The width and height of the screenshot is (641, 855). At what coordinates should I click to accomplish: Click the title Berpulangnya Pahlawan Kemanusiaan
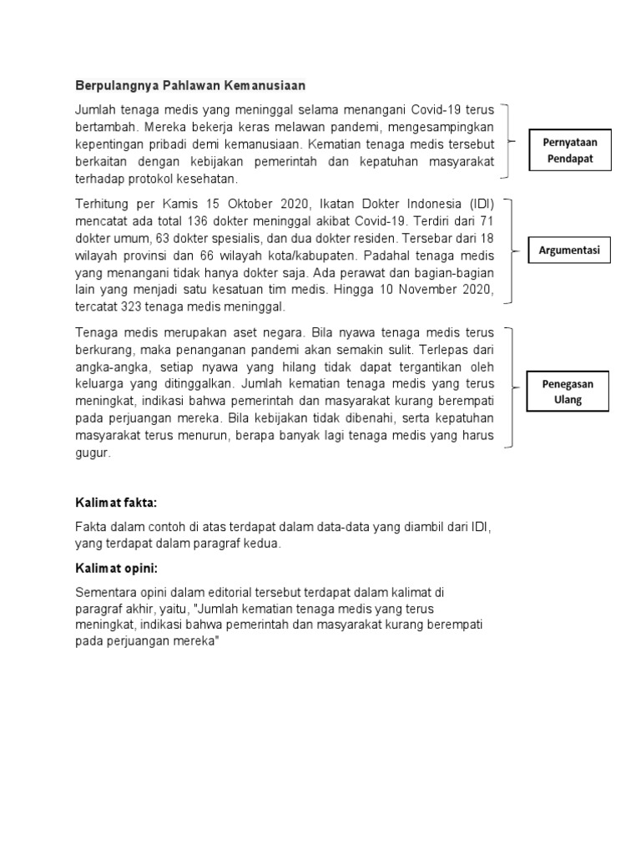[190, 85]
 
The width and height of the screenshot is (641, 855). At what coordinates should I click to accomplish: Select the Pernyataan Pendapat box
[571, 150]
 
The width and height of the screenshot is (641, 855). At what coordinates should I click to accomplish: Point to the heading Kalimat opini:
[117, 569]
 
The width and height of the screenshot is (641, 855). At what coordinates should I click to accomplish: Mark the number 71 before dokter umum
[485, 221]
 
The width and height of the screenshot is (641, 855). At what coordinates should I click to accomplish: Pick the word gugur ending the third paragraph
[92, 453]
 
